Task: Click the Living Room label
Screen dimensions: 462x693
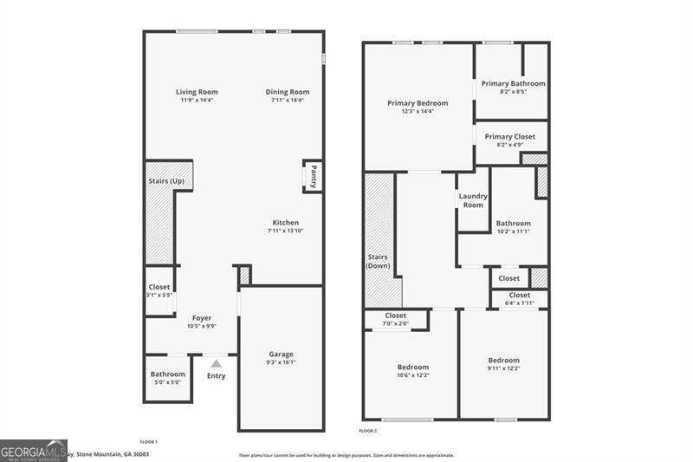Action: tap(197, 92)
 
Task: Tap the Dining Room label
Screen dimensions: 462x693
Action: tap(287, 92)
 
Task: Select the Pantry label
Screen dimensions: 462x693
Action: tap(313, 176)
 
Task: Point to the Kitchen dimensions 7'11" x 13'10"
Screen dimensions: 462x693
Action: tap(285, 231)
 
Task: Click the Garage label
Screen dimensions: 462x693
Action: tap(281, 354)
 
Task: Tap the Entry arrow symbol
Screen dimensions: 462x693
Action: tap(216, 364)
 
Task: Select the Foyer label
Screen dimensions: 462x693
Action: tap(202, 318)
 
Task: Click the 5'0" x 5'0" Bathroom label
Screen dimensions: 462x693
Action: tap(168, 374)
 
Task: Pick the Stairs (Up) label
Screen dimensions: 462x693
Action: tap(166, 181)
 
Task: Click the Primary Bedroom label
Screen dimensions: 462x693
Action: tap(418, 103)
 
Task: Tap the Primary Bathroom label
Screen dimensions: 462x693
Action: tap(514, 83)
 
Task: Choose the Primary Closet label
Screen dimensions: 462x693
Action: tap(510, 137)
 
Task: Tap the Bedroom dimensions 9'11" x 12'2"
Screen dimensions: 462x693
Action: tap(503, 368)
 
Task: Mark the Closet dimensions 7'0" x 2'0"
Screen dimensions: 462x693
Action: tap(396, 323)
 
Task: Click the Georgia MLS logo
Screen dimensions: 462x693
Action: tap(34, 450)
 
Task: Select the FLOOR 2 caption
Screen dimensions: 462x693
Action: tap(368, 431)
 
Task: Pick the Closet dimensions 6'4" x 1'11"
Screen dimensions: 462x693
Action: tap(520, 303)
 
